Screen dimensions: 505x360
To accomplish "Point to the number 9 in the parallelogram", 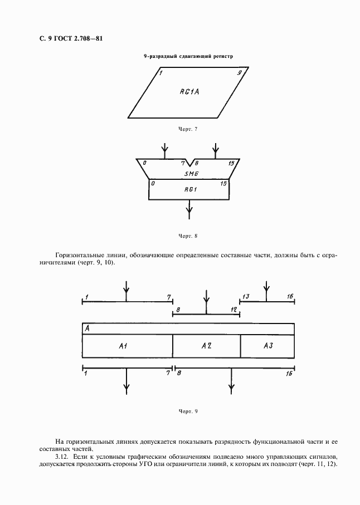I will (239, 73).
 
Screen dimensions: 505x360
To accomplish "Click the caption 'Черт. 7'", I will (188, 129).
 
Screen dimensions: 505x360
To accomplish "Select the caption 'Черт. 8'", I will (188, 236).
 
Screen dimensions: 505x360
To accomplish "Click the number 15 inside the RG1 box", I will (223, 183).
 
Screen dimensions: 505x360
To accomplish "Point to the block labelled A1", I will (124, 346).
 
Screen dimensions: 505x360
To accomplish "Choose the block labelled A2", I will (206, 346).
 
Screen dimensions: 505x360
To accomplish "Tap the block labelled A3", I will (268, 346).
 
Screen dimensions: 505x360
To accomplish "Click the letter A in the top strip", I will (87, 329).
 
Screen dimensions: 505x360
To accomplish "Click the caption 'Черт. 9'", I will (188, 411).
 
